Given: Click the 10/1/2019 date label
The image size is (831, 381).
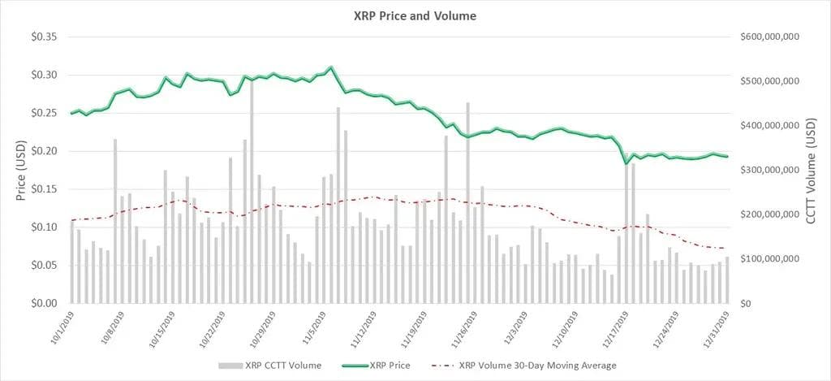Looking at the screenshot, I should (x=60, y=324).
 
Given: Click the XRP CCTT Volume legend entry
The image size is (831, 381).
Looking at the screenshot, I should (x=272, y=366).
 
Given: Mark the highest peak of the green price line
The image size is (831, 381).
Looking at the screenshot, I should (x=331, y=67).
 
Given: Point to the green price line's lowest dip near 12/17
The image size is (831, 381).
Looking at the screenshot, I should (x=626, y=163).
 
